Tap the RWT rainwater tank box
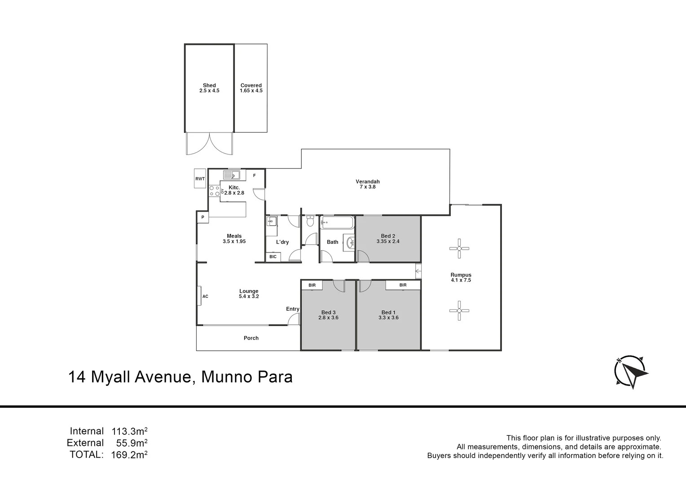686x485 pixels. coord(200,179)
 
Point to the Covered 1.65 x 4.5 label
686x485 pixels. coord(251,88)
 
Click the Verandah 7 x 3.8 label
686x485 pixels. coord(368,184)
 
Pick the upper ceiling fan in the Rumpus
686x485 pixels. coord(459,248)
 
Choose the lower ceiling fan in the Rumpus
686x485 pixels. coord(459,310)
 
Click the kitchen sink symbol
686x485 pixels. coord(232,175)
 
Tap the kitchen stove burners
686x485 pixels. coord(214,191)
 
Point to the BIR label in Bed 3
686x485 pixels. coord(312,285)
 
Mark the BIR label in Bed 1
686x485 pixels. coord(403,285)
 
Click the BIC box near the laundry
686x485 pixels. coord(273,257)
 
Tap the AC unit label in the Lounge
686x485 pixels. coord(205,296)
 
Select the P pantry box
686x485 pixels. coord(202,217)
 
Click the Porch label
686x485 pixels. coord(251,338)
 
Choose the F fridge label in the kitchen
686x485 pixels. coord(254,176)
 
